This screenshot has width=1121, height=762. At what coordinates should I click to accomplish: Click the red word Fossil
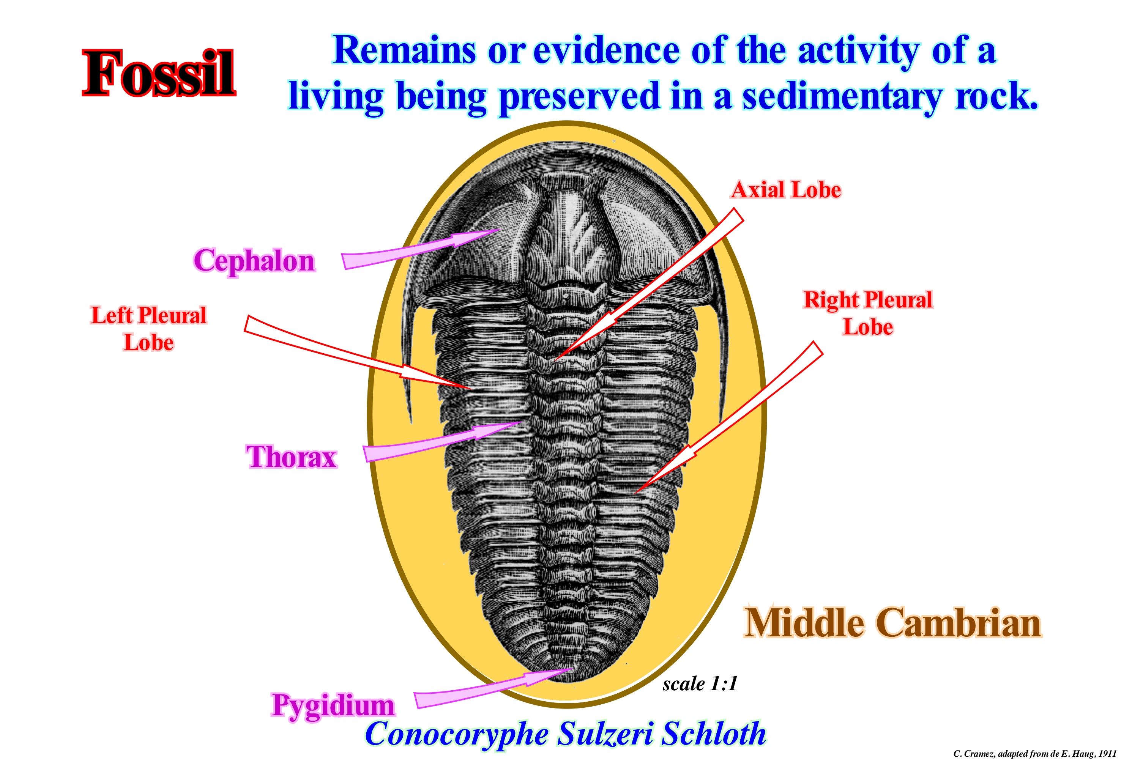(159, 73)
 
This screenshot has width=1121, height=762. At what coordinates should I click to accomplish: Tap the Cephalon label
(254, 261)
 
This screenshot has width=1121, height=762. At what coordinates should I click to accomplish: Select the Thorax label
(291, 457)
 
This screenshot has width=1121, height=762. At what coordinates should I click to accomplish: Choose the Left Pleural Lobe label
(148, 329)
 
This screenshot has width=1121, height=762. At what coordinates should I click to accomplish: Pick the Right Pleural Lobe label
(868, 313)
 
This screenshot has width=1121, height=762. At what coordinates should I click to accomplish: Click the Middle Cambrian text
(892, 623)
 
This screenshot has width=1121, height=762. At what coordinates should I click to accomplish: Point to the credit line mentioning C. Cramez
(1035, 753)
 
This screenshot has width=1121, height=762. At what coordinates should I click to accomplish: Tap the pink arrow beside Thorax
(442, 441)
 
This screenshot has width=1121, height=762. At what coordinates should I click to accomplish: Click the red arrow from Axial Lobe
(649, 284)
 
